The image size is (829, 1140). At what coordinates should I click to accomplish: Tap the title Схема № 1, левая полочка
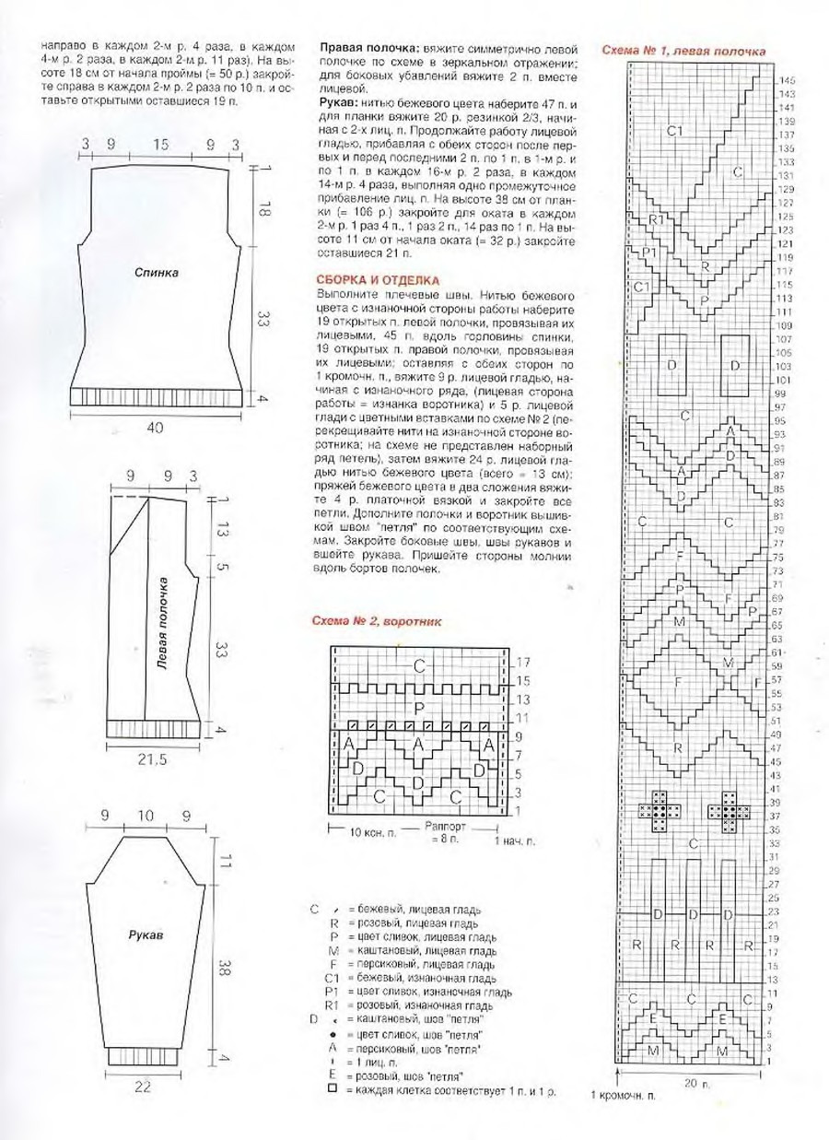pos(683,51)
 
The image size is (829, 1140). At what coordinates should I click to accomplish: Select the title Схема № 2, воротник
pos(377,621)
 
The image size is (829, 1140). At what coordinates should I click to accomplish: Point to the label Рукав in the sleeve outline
pos(146,934)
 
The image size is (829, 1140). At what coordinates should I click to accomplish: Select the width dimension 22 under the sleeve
pos(142,1087)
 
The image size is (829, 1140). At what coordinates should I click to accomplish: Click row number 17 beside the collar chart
pos(523,663)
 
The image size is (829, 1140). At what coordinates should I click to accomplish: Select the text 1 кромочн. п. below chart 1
pos(624,1096)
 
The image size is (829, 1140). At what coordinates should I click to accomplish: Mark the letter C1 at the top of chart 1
pos(674,131)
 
